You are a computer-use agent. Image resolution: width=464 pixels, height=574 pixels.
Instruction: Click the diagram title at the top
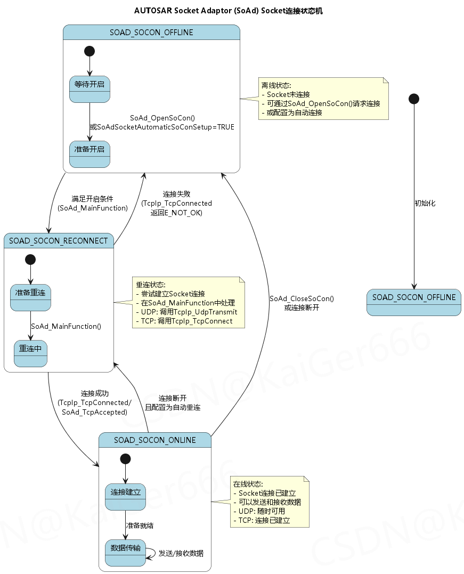229,11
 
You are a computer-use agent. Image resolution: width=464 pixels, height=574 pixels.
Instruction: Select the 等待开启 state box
89,89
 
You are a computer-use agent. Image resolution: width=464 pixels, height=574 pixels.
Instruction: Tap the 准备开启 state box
89,154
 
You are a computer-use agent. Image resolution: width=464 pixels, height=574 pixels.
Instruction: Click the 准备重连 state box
30,297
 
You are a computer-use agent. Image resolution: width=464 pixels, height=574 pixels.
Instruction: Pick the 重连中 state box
30,353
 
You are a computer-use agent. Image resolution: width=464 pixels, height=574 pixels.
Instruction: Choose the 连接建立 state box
125,496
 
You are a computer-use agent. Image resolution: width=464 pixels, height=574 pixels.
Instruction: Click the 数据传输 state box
125,553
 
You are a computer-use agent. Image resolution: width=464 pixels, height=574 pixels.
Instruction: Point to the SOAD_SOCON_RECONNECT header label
59,241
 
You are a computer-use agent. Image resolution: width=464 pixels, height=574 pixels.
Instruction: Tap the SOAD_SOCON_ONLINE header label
155,440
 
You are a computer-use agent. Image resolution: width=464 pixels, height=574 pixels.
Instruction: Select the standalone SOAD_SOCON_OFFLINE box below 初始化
413,302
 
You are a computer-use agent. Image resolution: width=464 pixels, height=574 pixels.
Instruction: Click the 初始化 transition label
425,203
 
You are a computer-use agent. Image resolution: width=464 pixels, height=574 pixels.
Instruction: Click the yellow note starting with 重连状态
188,303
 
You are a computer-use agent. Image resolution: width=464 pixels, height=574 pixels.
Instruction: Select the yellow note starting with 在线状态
269,502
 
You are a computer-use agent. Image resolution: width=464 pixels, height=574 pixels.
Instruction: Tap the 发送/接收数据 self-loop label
181,553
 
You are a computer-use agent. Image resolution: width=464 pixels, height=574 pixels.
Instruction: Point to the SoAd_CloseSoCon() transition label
302,303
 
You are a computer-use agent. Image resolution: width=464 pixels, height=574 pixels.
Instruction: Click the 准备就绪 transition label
140,525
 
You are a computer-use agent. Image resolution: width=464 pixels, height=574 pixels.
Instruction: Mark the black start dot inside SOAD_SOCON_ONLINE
125,458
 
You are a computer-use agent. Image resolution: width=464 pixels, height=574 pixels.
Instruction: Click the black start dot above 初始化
413,99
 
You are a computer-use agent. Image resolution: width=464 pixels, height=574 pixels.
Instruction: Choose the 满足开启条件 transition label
92,203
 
